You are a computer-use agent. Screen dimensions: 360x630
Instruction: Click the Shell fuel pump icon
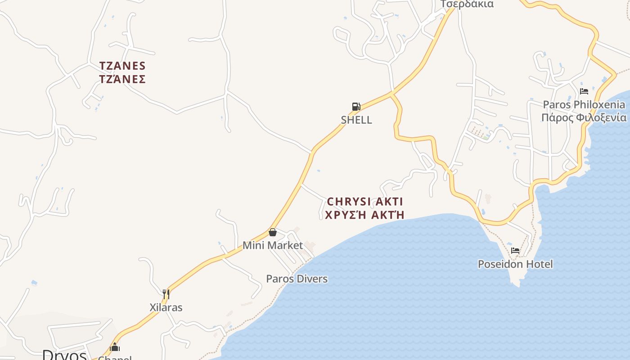pyautogui.click(x=356, y=107)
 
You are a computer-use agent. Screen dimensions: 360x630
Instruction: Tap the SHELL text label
pyautogui.click(x=356, y=120)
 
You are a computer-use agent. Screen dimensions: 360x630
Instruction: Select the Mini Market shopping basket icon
pyautogui.click(x=272, y=232)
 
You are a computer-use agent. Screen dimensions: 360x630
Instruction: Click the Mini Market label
pyautogui.click(x=273, y=245)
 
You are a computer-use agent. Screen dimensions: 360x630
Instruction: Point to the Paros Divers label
pyautogui.click(x=297, y=279)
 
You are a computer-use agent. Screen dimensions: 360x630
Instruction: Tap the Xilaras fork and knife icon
pyautogui.click(x=166, y=294)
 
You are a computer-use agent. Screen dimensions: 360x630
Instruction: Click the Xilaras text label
pyautogui.click(x=166, y=307)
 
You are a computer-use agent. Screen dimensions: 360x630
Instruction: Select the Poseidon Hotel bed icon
pyautogui.click(x=515, y=251)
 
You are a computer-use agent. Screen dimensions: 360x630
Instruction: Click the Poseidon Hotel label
pyautogui.click(x=515, y=264)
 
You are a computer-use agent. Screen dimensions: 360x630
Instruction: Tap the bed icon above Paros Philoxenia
pyautogui.click(x=584, y=91)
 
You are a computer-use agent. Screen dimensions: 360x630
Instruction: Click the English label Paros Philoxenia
pyautogui.click(x=584, y=104)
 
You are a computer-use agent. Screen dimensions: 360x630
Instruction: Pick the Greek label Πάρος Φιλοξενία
pyautogui.click(x=584, y=117)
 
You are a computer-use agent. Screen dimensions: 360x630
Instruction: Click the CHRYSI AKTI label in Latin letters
pyautogui.click(x=364, y=201)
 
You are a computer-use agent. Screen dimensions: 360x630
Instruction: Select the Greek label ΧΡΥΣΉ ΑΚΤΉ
pyautogui.click(x=364, y=215)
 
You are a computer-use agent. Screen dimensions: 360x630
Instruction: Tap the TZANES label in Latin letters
pyautogui.click(x=122, y=66)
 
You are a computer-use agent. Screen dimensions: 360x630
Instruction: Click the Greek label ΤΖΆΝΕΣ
pyautogui.click(x=122, y=79)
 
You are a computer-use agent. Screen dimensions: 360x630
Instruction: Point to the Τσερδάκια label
pyautogui.click(x=467, y=4)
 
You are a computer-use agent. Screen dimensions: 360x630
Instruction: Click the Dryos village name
pyautogui.click(x=64, y=355)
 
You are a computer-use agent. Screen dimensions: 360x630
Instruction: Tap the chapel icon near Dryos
pyautogui.click(x=115, y=347)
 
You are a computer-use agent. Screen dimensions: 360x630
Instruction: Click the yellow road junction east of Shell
pyautogui.click(x=392, y=94)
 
